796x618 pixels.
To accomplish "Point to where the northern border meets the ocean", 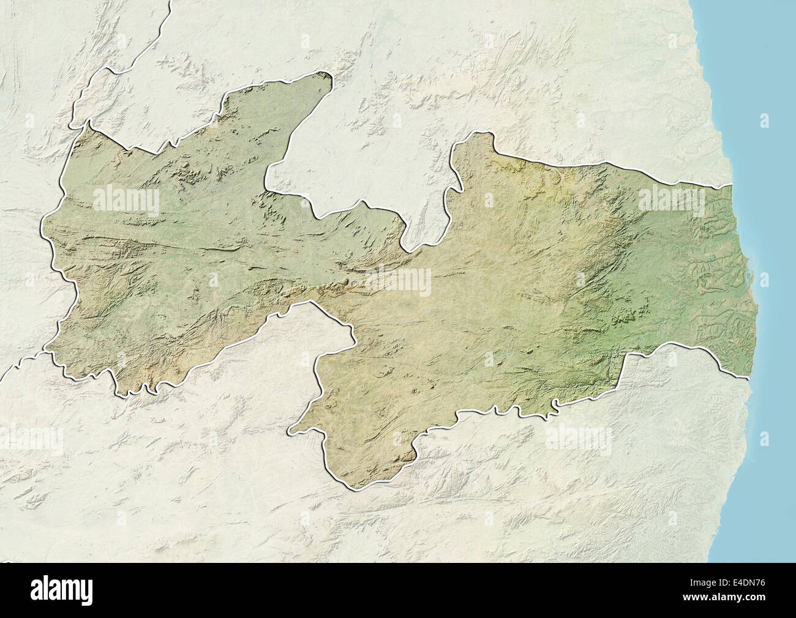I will click(x=733, y=184).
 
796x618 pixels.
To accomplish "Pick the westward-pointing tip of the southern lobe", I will click(x=290, y=431).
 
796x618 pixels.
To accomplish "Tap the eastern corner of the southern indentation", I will click(x=354, y=336).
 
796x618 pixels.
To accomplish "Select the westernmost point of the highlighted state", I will click(x=41, y=226).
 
